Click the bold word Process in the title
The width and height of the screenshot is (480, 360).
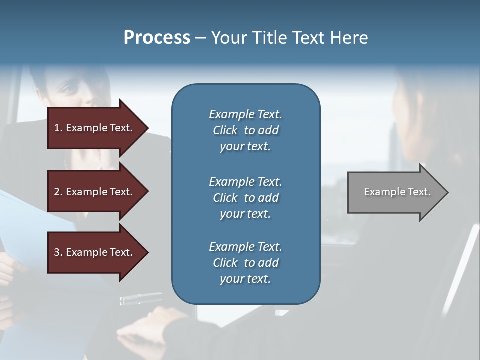pyautogui.click(x=157, y=37)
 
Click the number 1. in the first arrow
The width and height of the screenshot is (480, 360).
pyautogui.click(x=58, y=128)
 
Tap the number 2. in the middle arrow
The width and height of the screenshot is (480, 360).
pyautogui.click(x=58, y=192)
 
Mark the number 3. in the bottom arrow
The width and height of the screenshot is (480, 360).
pyautogui.click(x=58, y=252)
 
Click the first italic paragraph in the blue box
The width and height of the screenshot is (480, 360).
pyautogui.click(x=245, y=130)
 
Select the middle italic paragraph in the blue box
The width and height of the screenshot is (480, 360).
pyautogui.click(x=245, y=198)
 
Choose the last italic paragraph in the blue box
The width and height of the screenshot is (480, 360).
pyautogui.click(x=245, y=263)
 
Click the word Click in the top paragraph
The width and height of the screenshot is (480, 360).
pyautogui.click(x=225, y=130)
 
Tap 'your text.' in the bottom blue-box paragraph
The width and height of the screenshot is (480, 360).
pyautogui.click(x=245, y=279)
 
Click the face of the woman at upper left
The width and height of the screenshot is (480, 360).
pyautogui.click(x=75, y=90)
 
